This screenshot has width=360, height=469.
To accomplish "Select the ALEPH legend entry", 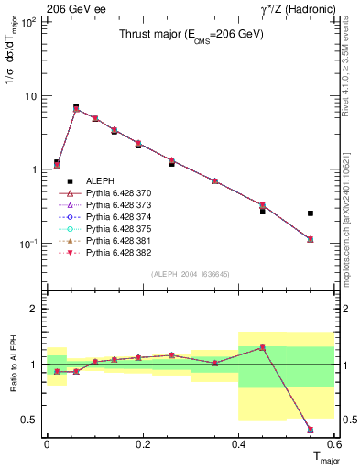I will [x=100, y=181].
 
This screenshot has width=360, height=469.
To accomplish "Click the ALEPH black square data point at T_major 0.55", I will [x=311, y=213].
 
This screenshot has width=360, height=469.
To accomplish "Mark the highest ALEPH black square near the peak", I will [x=76, y=107].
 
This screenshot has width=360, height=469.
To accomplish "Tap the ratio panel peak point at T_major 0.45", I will [x=263, y=347].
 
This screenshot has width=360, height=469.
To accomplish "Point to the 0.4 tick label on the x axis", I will [x=238, y=443].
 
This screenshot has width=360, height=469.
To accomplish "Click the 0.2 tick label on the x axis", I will [x=142, y=443].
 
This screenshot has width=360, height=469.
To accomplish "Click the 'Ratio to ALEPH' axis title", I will [x=12, y=364].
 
